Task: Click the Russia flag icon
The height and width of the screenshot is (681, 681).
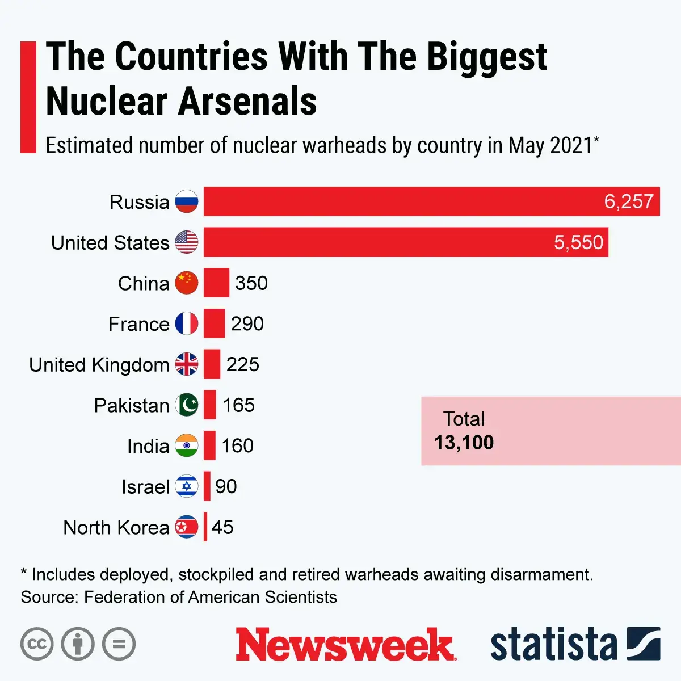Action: [x=186, y=201]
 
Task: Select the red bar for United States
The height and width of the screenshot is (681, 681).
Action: [x=406, y=242]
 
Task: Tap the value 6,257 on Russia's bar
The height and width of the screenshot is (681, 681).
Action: [x=628, y=201]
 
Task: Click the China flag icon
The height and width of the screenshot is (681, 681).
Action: [x=186, y=283]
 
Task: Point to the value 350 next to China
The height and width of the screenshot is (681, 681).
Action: [x=251, y=283]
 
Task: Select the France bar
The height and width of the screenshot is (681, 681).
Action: [x=214, y=323]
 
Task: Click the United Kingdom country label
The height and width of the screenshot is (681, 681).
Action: [x=99, y=364]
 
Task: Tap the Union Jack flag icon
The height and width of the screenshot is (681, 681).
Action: [x=186, y=364]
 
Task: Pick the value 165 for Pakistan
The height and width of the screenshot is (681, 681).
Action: [x=238, y=405]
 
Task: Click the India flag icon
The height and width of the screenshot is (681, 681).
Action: [x=186, y=445]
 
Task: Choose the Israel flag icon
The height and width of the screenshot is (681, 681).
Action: [x=186, y=486]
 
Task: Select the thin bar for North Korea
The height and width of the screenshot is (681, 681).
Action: [x=205, y=527]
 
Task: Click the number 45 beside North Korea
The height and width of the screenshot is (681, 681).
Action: [x=222, y=527]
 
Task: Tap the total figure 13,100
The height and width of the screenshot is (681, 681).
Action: [x=464, y=443]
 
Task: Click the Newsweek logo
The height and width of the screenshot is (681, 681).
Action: [x=345, y=645]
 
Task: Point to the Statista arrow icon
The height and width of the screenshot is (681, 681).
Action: [x=644, y=644]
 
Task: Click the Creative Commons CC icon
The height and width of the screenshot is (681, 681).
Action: [x=37, y=644]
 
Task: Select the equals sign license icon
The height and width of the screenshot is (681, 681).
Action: [x=119, y=644]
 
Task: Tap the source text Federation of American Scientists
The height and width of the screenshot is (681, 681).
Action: [x=210, y=597]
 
